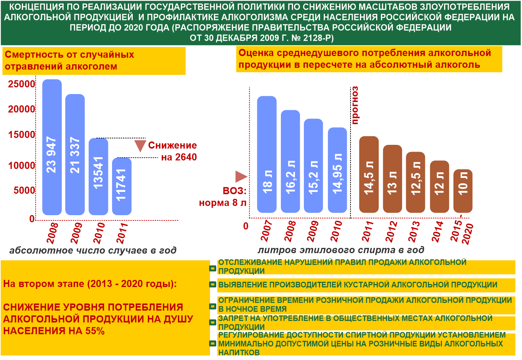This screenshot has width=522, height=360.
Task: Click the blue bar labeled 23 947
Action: [52, 147]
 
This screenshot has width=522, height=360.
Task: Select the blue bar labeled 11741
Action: [122, 186]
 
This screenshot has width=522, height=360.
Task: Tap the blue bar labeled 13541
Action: [98, 176]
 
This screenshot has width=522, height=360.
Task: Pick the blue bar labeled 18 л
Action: [267, 154]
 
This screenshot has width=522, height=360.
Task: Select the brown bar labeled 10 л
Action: [463, 191]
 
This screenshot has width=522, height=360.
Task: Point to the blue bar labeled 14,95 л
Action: [337, 170]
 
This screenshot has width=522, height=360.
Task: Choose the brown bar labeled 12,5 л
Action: [416, 182]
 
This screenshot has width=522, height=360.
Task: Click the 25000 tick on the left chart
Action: [22, 84]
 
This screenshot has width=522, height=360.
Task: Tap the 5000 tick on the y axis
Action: [24, 190]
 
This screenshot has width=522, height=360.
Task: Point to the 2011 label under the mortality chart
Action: [122, 233]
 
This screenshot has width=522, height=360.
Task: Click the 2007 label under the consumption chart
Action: [266, 231]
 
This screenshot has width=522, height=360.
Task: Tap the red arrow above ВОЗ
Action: [241, 176]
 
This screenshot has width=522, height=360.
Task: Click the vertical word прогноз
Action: [355, 105]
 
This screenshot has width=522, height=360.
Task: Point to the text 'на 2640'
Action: [179, 157]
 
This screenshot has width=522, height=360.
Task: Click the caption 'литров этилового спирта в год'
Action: [341, 250]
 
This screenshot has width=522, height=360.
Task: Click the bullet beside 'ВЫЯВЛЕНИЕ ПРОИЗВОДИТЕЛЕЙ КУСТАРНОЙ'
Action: [212, 285]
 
